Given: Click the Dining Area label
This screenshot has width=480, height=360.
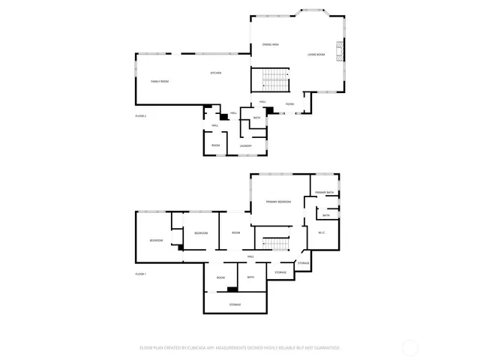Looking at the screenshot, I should coord(271,46).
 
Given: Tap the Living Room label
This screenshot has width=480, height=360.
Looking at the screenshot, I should coord(316,55).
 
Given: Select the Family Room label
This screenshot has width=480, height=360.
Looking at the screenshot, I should coord(160,81).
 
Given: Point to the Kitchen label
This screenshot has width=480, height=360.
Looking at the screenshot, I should coord(215,73).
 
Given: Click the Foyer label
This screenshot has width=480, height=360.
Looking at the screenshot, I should coord(289,104).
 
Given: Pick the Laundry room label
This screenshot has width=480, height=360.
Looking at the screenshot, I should coord(245,145).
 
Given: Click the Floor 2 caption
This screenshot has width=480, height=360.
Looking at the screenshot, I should coord(140,116).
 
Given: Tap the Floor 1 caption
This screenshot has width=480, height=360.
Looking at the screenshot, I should coord(140,274).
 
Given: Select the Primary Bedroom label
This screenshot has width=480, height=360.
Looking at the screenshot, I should coord(278,202).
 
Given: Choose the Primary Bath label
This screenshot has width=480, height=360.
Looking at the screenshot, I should coord(325,193).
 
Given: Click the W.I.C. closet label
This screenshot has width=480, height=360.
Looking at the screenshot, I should coord(321,232).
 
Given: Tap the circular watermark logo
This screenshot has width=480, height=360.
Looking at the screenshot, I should coord(409,347).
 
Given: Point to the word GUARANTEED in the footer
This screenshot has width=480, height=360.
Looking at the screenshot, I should coord(325,348).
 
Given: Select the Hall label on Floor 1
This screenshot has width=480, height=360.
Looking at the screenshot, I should coord(250,256).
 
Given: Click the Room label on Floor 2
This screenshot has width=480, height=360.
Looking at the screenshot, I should coord(215,145).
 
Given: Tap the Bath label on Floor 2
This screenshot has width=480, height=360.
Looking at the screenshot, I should coord(256,118).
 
